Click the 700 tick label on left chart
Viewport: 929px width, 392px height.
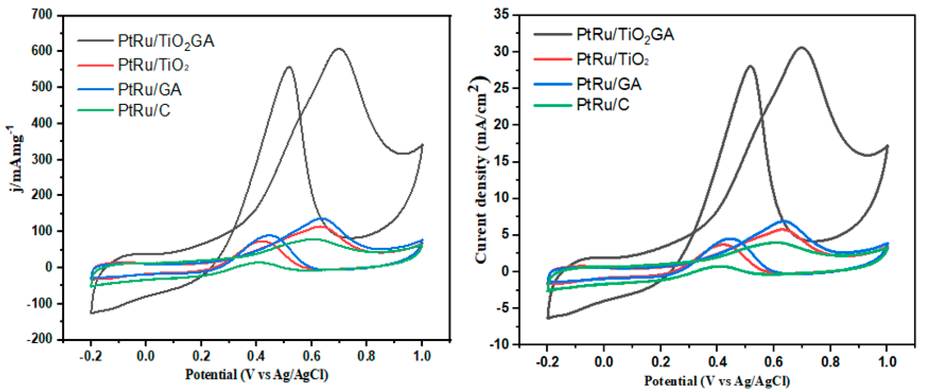pyautogui.click(x=42, y=15)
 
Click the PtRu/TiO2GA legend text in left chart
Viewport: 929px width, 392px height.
pyautogui.click(x=166, y=41)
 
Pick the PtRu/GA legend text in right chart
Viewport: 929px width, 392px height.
pyautogui.click(x=609, y=84)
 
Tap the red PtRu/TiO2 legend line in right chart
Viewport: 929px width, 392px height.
pyautogui.click(x=553, y=59)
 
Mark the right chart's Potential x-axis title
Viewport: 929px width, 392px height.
pyautogui.click(x=717, y=381)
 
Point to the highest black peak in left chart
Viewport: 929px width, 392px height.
pyautogui.click(x=339, y=49)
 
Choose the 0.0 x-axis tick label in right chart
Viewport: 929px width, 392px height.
pyautogui.click(x=604, y=361)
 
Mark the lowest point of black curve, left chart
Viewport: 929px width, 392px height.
pyautogui.click(x=92, y=313)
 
